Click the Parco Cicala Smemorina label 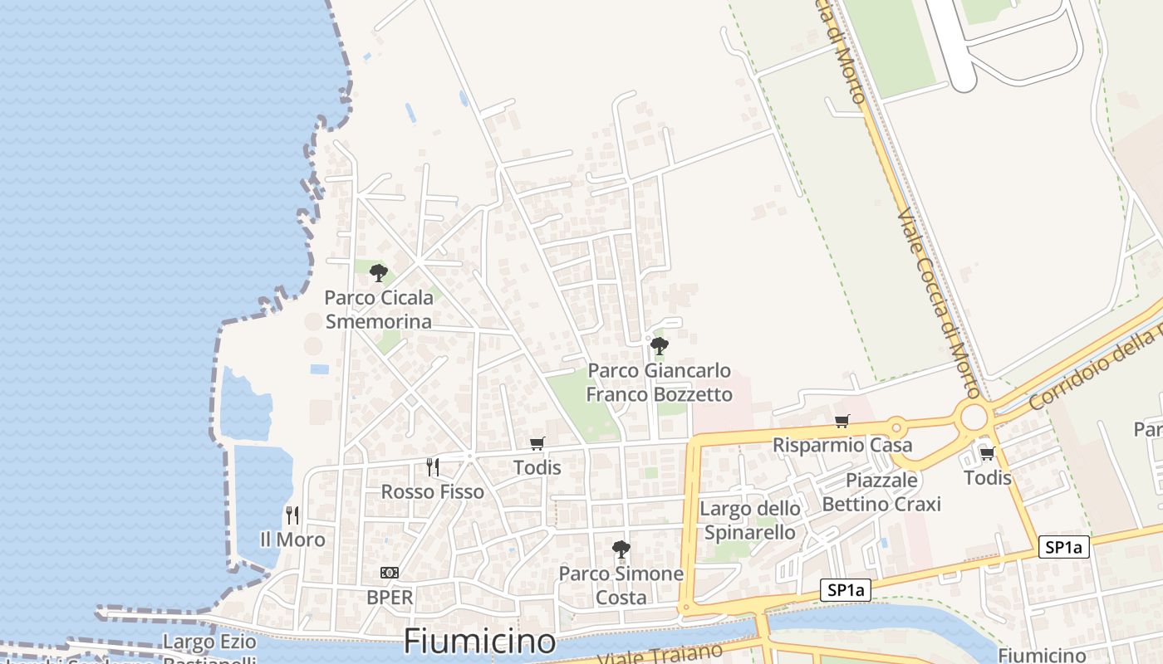click(379, 310)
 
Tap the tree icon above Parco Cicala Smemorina click(379, 272)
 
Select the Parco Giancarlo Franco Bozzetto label click(660, 383)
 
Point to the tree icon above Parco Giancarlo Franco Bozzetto click(659, 345)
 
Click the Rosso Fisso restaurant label click(432, 492)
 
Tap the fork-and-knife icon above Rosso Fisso click(432, 467)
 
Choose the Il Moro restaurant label click(292, 539)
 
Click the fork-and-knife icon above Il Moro click(292, 515)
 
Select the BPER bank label click(390, 597)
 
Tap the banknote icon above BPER click(389, 573)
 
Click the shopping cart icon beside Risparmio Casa click(842, 421)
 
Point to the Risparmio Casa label click(842, 445)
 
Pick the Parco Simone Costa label click(621, 585)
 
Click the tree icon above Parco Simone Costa click(621, 549)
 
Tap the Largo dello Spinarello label click(750, 520)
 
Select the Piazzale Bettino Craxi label click(881, 492)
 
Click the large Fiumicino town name click(479, 642)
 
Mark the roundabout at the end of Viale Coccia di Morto click(974, 416)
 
